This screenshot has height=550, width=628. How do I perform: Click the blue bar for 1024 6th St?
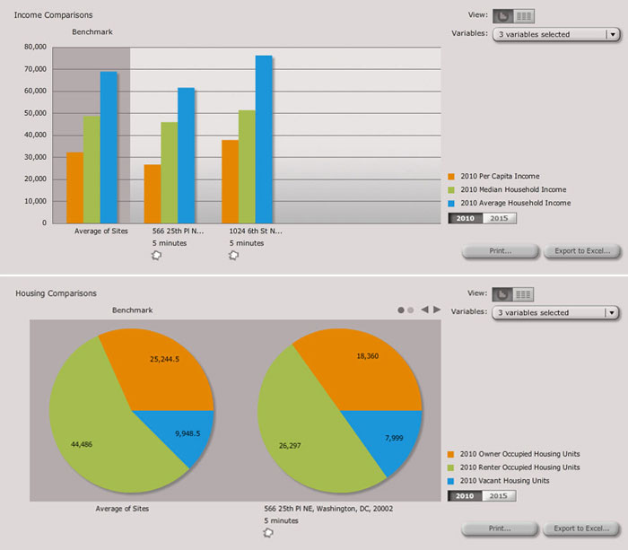[x=264, y=139]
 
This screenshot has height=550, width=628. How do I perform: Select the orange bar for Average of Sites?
[x=74, y=188]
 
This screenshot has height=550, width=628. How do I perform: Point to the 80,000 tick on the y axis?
[x=35, y=47]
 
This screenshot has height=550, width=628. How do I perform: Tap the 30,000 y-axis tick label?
[x=35, y=156]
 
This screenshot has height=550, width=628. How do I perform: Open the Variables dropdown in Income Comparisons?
[x=556, y=35]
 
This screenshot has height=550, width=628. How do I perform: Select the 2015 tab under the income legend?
[x=499, y=218]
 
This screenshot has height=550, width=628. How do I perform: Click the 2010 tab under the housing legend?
[x=466, y=496]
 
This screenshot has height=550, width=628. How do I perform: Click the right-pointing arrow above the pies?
[x=437, y=310]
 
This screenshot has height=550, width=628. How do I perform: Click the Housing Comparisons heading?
[x=55, y=293]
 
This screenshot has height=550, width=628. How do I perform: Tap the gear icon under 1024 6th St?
[x=234, y=255]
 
